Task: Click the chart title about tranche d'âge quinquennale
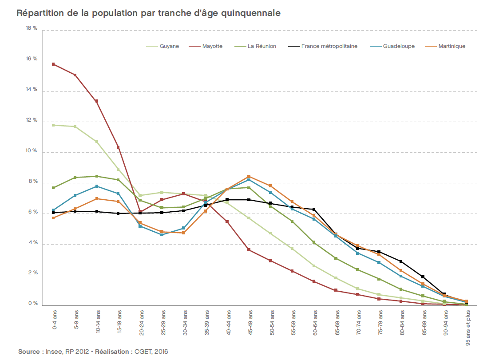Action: (x=149, y=13)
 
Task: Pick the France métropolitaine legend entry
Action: (x=329, y=46)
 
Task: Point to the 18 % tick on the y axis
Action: (x=32, y=28)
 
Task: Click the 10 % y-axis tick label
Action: (x=32, y=151)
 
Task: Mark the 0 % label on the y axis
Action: (x=33, y=304)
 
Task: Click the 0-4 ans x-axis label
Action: (x=54, y=322)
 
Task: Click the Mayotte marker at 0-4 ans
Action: (x=53, y=64)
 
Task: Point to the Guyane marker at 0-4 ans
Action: (x=53, y=125)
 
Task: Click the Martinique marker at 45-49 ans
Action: (x=249, y=176)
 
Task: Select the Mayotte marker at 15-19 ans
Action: (x=118, y=147)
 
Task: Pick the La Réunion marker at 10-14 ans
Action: (x=96, y=176)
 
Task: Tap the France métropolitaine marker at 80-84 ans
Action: (x=401, y=261)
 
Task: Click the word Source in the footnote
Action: (x=29, y=352)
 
